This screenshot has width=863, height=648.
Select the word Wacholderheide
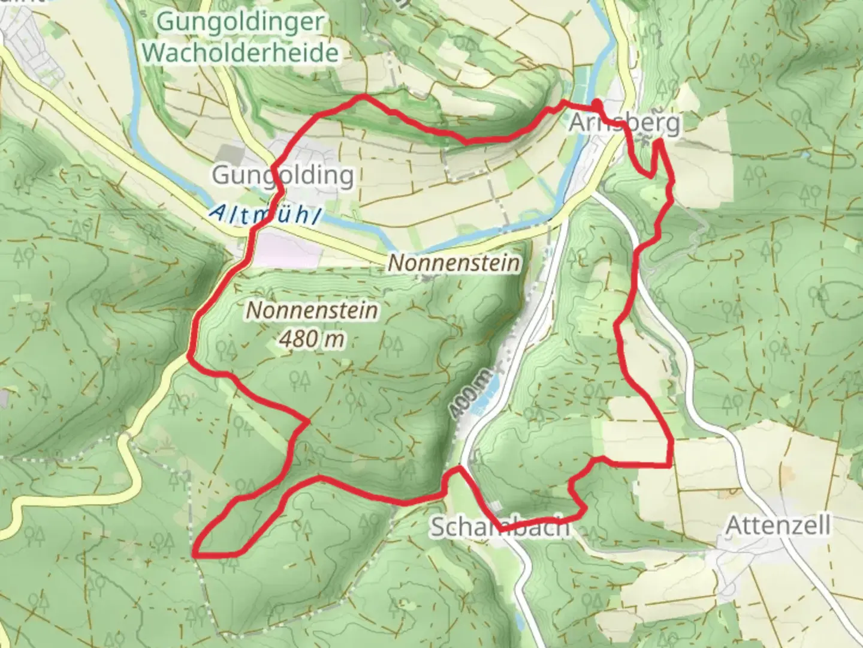tap(241, 53)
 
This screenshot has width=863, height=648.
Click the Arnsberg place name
tap(624, 123)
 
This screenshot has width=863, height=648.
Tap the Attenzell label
tap(778, 526)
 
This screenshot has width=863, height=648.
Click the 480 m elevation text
tap(312, 339)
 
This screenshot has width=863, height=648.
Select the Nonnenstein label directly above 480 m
tap(312, 311)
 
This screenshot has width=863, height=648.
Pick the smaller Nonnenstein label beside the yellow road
tap(454, 263)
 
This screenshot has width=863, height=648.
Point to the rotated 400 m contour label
tap(472, 394)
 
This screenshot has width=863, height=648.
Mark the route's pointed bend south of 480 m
tap(308, 421)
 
